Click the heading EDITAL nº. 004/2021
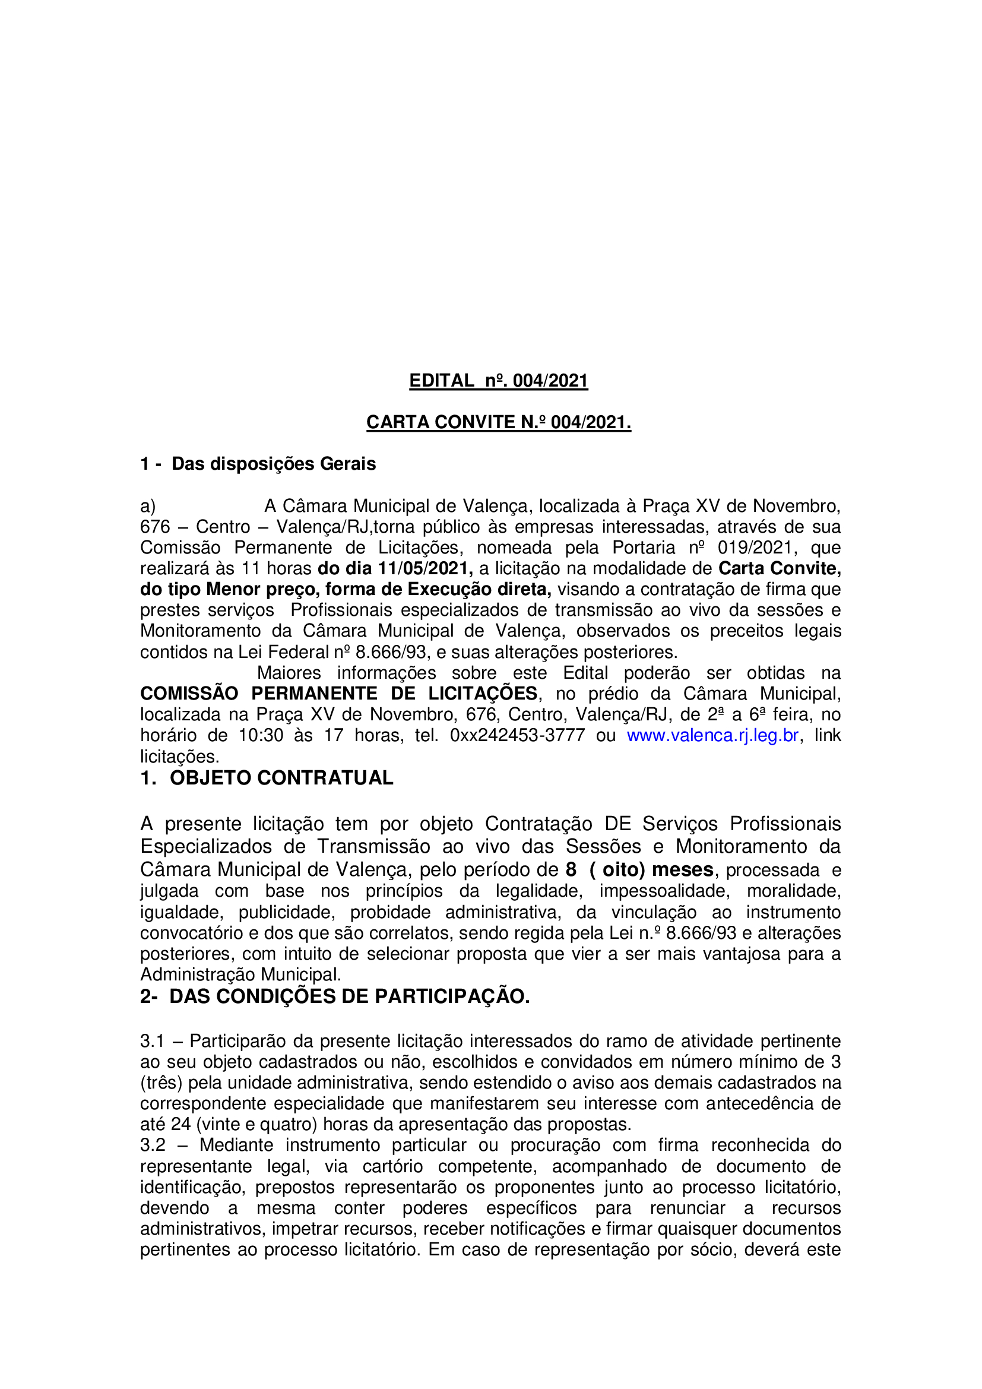point(498,381)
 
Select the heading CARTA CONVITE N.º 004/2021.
point(498,422)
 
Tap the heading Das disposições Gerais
point(273,463)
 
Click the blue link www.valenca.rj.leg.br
point(712,735)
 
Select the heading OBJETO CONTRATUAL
point(281,777)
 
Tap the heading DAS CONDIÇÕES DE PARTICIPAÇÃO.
point(349,996)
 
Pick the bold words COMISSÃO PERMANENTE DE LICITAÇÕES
point(338,693)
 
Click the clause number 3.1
point(153,1040)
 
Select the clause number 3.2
point(153,1144)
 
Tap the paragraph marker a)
point(148,506)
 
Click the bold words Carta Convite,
point(780,568)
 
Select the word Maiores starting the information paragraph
point(289,673)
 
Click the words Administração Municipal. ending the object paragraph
point(240,974)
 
